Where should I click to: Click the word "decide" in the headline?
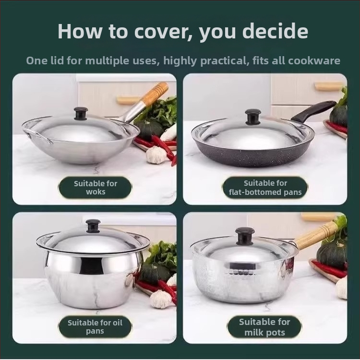click(275, 31)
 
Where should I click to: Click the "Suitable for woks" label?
click(96, 188)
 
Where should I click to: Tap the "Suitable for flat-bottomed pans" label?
click(265, 188)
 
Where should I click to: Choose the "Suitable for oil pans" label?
click(95, 327)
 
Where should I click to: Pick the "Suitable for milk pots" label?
click(264, 327)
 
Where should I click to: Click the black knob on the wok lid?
click(81, 113)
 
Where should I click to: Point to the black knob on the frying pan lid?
click(253, 117)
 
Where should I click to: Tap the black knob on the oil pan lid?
click(93, 226)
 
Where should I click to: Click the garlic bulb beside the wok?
click(156, 155)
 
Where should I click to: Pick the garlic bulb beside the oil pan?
click(160, 299)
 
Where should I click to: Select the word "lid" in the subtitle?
click(57, 60)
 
